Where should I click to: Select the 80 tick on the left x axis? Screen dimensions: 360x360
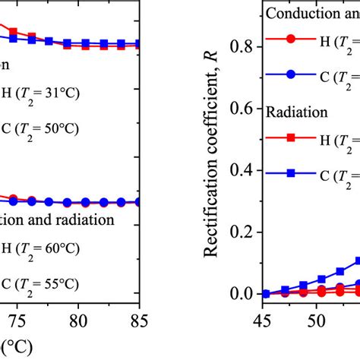(77, 322)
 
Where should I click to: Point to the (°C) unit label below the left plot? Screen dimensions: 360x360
(16, 349)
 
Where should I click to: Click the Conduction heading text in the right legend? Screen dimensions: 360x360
(312, 14)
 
